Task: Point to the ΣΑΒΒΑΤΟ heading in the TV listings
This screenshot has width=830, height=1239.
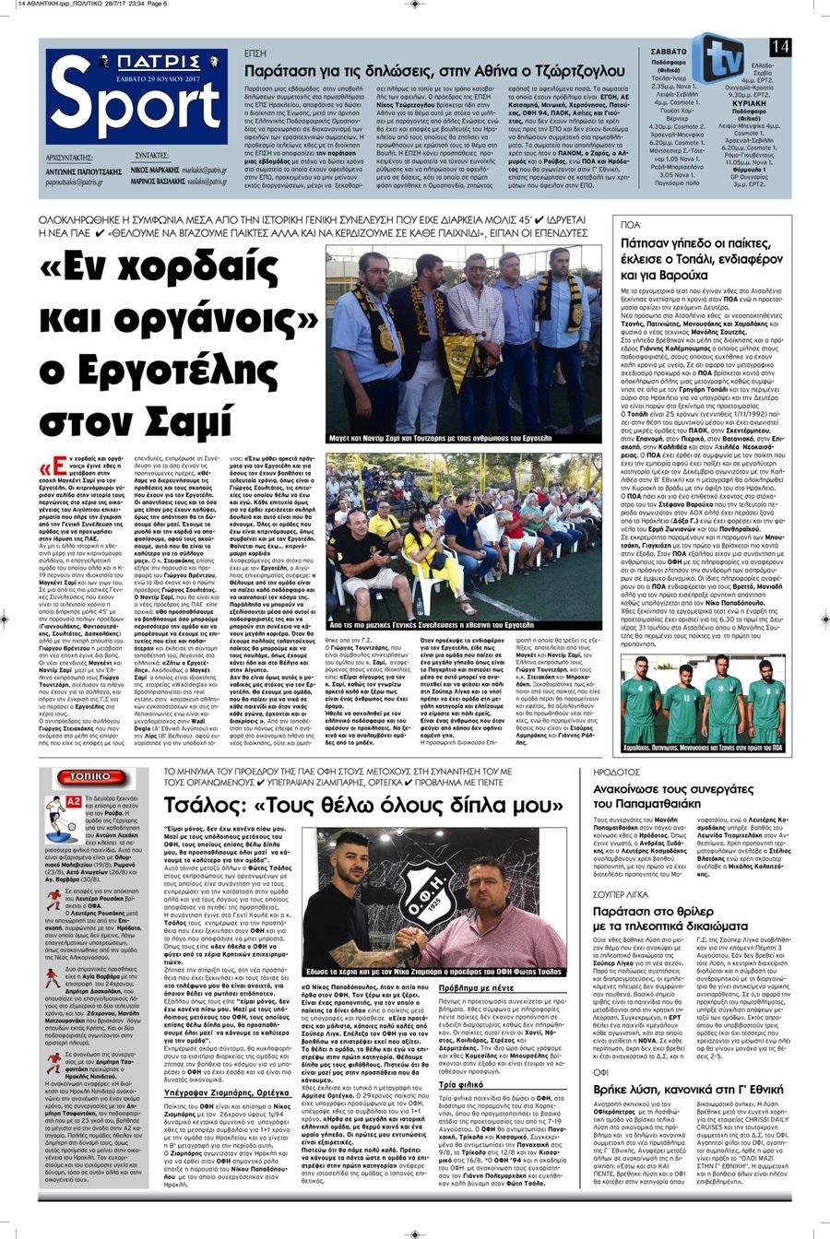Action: pyautogui.click(x=668, y=52)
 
